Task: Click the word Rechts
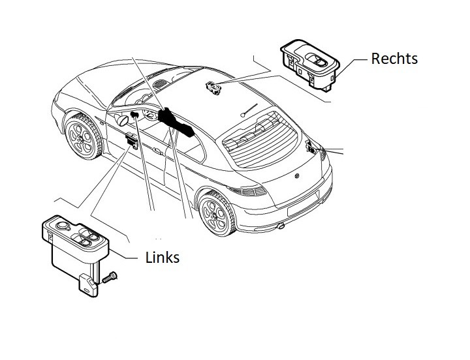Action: (394, 59)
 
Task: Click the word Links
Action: (162, 257)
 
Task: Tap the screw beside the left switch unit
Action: (110, 277)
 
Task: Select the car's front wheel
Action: (83, 137)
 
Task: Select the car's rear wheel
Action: (217, 213)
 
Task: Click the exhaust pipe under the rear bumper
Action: (281, 226)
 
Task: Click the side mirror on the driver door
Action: (123, 120)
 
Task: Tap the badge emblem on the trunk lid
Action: (297, 176)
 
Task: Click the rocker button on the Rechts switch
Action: (319, 60)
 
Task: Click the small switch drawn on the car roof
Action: (213, 88)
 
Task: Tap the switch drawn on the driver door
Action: (132, 140)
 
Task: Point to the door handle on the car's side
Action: (157, 151)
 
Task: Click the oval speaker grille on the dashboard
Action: (161, 83)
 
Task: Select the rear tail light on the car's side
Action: (247, 190)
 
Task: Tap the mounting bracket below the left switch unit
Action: (88, 286)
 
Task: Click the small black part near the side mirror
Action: (134, 114)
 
